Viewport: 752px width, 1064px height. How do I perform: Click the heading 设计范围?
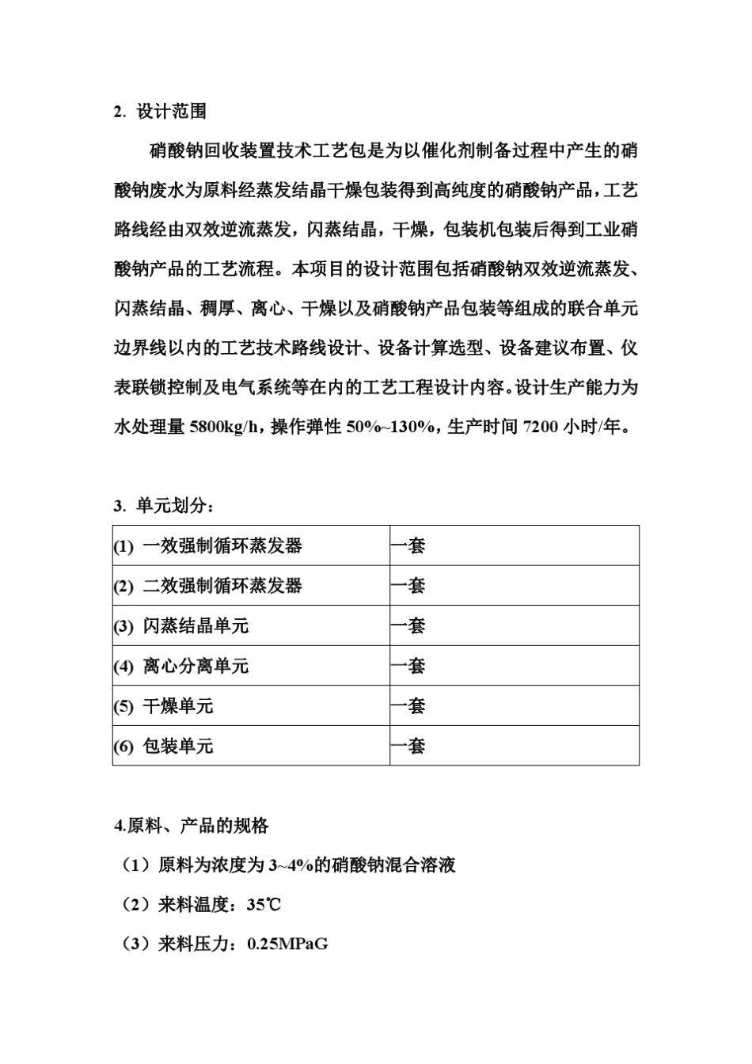point(171,112)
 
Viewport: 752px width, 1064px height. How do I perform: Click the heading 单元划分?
point(170,506)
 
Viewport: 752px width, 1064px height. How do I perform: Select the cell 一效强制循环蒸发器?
point(222,546)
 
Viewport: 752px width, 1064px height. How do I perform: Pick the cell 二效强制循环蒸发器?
point(222,586)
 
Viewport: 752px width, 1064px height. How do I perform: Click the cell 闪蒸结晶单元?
point(196,626)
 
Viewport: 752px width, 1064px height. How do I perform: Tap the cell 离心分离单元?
point(196,667)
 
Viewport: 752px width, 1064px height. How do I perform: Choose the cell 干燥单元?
point(178,706)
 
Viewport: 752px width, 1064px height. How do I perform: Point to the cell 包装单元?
point(178,747)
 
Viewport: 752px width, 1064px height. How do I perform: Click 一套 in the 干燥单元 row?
point(408,706)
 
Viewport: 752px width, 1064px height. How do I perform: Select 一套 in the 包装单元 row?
point(408,747)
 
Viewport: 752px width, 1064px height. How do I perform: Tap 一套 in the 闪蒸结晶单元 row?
point(408,626)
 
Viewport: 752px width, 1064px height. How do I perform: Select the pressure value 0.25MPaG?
point(287,944)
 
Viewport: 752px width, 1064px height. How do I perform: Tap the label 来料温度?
point(193,905)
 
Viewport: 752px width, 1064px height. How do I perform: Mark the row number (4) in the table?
point(123,667)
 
